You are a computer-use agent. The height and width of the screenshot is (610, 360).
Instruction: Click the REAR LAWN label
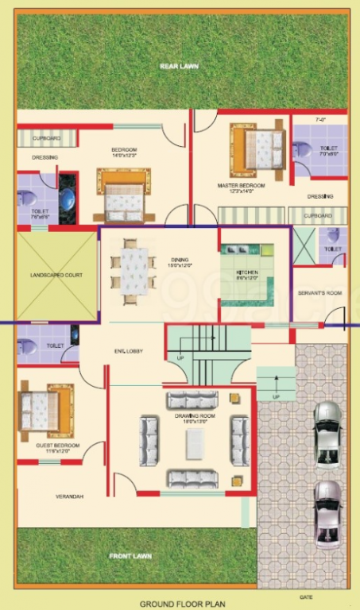(178, 66)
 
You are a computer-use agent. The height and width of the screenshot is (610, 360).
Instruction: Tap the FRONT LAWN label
(130, 556)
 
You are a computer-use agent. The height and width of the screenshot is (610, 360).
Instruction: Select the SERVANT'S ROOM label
(319, 293)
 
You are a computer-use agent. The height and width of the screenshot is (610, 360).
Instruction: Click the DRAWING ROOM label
(191, 415)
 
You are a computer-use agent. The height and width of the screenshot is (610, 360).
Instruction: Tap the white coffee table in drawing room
(195, 444)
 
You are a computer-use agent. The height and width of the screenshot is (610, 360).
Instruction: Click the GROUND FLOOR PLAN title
(177, 604)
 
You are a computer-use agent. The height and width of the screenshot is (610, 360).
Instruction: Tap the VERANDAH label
(69, 496)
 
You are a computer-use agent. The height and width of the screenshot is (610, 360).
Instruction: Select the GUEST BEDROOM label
(57, 446)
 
